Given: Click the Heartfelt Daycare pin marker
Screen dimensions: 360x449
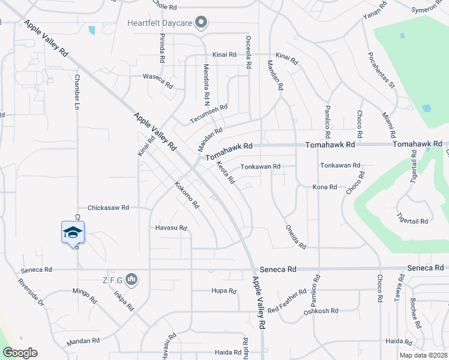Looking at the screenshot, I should tap(202, 23).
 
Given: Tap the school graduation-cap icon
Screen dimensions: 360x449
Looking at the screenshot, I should tap(73, 232).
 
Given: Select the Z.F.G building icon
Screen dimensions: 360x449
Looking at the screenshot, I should tap(133, 280).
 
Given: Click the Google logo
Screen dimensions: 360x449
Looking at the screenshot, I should tap(20, 353).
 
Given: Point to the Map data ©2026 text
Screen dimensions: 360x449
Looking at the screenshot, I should tap(423, 355).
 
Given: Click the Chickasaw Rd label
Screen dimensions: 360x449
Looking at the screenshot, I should tap(109, 208).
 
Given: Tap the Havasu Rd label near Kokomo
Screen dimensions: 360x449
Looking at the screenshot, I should tap(172, 228).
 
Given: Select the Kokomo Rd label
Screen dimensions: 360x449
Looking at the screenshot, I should tap(187, 194).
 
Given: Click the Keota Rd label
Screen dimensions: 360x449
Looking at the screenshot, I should tap(225, 173).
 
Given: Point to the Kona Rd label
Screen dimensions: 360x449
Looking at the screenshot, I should tap(325, 187).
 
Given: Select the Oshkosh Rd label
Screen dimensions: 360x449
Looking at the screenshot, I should tap(321, 311).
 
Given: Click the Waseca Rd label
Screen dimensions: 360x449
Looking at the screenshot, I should tap(158, 77).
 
